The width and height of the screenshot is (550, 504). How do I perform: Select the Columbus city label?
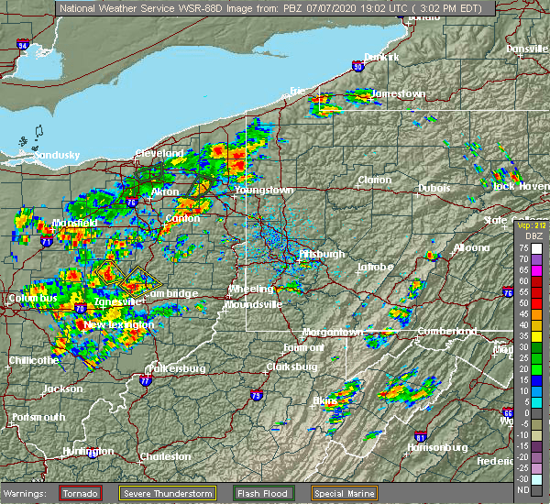pos(31,299)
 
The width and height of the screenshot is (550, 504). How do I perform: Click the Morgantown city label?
pos(333,331)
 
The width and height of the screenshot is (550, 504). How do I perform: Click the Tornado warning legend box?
pos(82,493)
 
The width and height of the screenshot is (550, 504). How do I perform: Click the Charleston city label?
pos(165,456)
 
